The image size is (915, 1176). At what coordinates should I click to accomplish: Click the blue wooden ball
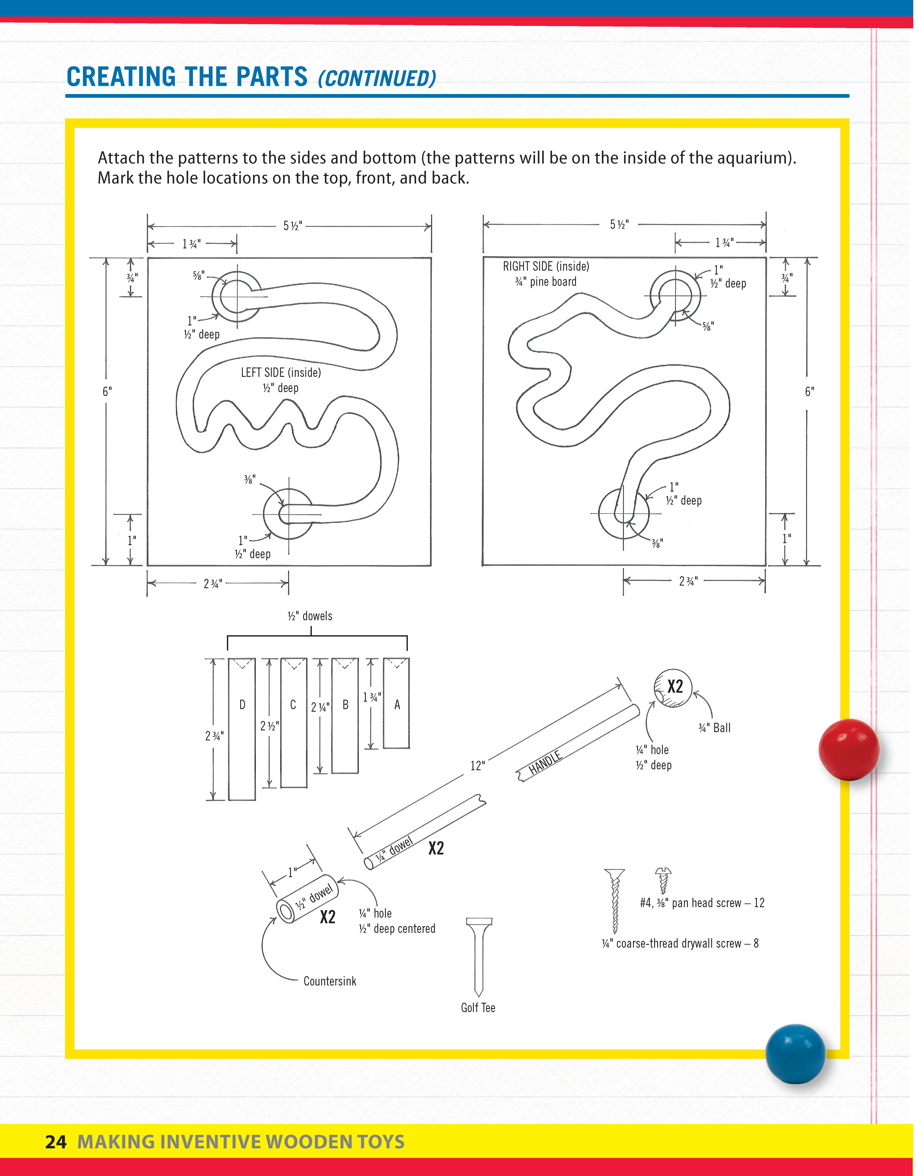[795, 1054]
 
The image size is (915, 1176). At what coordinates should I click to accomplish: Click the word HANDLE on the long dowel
[545, 762]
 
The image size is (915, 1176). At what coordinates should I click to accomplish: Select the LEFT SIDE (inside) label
[281, 373]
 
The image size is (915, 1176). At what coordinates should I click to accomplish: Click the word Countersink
[330, 981]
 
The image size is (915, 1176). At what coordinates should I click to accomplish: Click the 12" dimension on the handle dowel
[477, 766]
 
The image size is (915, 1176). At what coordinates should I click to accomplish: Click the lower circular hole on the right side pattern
[624, 514]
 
